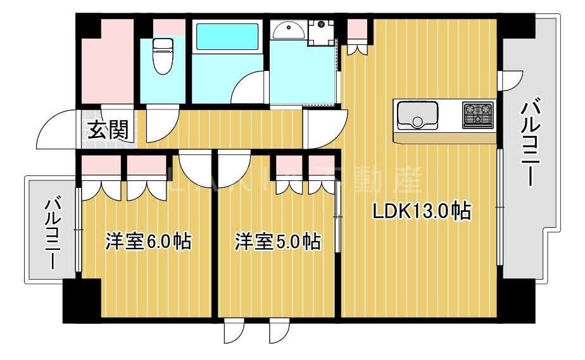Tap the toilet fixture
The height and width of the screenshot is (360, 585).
point(163,54)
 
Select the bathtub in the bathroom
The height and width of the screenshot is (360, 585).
point(226,37)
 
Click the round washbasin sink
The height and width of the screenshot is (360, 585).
point(289,29)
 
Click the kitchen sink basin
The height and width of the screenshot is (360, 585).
point(417,115)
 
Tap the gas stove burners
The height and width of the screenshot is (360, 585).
point(478,115)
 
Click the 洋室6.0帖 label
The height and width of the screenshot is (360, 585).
point(148,241)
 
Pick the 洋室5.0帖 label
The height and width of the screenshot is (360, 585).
point(277,241)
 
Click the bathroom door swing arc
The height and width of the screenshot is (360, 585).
point(249,89)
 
